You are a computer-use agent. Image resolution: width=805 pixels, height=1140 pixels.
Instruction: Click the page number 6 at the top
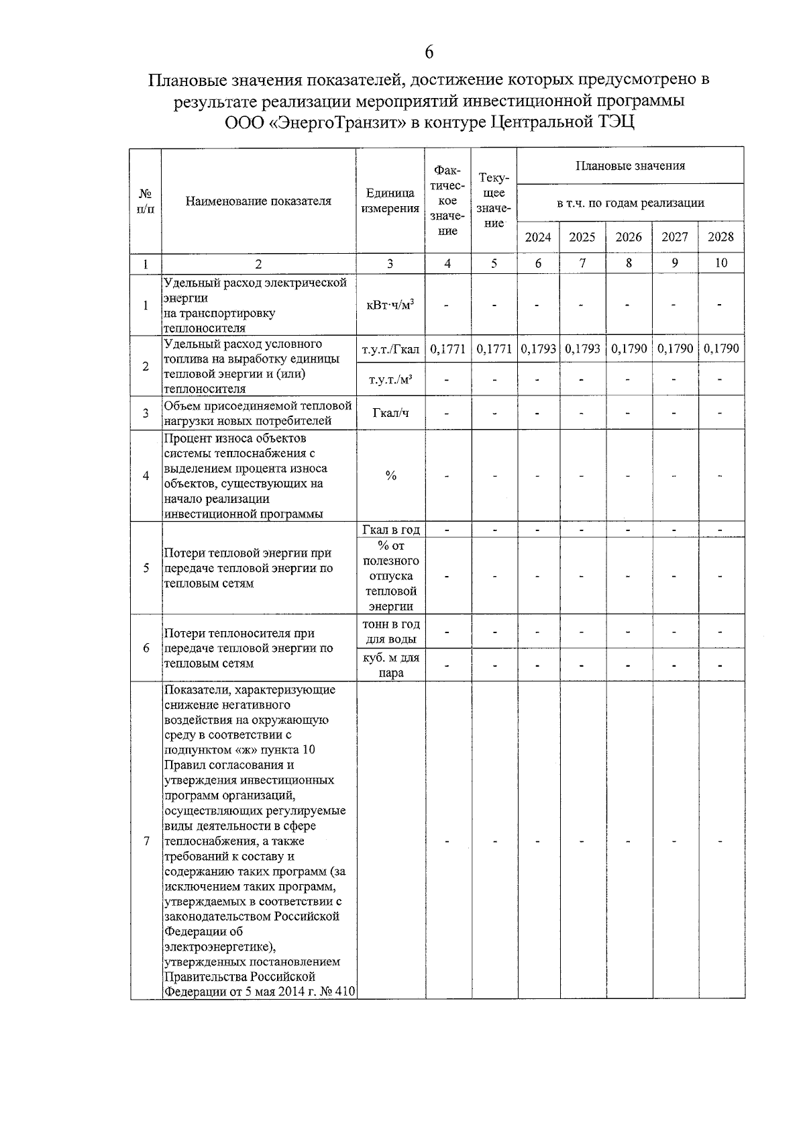429,52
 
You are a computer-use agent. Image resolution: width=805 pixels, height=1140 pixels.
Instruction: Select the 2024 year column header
538,237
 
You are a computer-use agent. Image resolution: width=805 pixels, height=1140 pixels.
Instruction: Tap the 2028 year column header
720,237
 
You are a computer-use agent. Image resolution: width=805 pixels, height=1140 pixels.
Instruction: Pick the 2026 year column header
629,237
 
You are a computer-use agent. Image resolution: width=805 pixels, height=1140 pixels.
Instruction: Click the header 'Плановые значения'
630,166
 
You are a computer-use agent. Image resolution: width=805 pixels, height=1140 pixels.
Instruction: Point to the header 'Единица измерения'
390,201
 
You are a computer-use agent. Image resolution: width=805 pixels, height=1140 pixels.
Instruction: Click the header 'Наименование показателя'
258,201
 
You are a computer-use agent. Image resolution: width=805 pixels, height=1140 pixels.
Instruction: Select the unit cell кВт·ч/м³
390,305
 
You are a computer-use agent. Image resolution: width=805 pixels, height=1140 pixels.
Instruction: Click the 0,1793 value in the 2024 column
538,349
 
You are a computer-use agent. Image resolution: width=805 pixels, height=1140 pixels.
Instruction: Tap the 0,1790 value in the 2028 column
721,349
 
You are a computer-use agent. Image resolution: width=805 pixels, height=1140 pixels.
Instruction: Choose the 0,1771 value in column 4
447,349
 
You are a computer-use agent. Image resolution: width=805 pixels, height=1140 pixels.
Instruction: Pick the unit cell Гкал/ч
390,413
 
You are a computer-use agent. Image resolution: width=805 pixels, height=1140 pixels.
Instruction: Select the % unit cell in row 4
390,476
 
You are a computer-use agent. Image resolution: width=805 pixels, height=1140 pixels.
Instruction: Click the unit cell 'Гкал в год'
390,530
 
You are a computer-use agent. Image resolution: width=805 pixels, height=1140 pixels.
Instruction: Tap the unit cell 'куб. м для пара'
390,665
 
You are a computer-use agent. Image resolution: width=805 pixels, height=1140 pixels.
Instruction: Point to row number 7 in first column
146,841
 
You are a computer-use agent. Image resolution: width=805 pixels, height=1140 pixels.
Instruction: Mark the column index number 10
720,263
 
